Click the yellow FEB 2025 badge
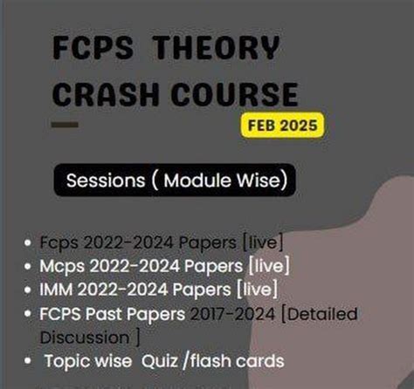click(x=281, y=126)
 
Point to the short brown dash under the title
click(x=63, y=125)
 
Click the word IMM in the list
click(x=55, y=289)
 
